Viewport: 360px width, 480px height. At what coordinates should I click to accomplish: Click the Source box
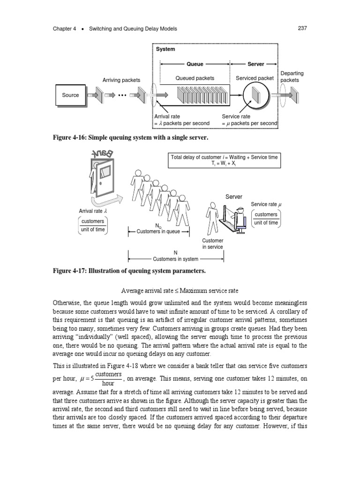point(71,95)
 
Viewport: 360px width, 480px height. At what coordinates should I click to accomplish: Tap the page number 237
point(302,29)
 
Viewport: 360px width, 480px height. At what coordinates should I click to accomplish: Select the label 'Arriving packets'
point(121,80)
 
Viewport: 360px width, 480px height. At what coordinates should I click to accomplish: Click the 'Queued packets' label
point(195,78)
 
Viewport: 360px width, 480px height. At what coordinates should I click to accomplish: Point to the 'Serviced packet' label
point(255,78)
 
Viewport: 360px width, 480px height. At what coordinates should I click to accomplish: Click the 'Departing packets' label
point(292,76)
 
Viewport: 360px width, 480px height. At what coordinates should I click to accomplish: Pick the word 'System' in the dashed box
point(165,49)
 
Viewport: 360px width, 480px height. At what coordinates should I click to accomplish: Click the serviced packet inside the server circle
point(255,96)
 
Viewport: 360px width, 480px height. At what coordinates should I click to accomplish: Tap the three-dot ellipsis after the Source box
point(122,96)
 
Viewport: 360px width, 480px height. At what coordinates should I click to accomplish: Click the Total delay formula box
point(224,160)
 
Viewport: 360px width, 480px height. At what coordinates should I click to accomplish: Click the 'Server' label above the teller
point(234,197)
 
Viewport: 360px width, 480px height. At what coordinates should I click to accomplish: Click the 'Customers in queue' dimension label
point(159,231)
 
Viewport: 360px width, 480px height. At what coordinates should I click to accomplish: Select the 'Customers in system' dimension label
point(175,259)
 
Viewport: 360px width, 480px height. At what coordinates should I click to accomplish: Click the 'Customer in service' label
point(212,243)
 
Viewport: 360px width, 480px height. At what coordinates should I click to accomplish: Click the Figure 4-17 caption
point(129,271)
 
